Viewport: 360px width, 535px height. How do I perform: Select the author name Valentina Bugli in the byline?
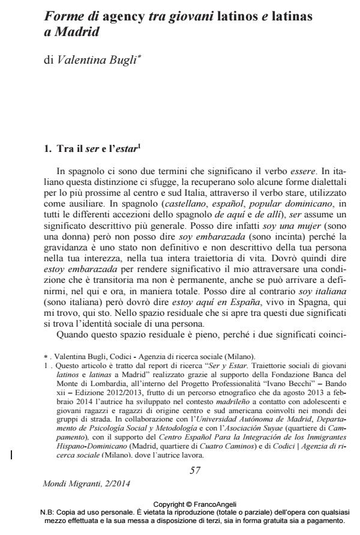click(x=94, y=61)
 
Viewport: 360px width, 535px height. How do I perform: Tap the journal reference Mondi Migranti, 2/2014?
click(x=86, y=483)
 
